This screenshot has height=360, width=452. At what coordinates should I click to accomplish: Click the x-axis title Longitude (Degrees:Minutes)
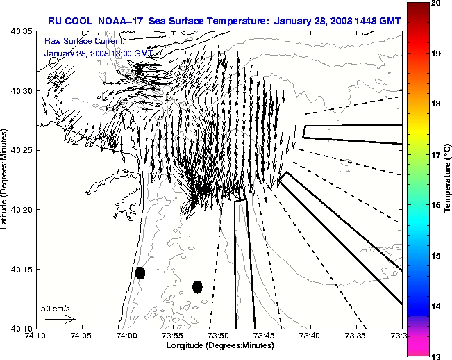click(x=219, y=345)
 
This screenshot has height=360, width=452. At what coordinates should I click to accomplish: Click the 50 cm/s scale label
click(x=55, y=308)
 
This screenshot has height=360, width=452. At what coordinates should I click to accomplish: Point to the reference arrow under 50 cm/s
click(x=60, y=319)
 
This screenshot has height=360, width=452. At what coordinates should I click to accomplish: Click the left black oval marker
click(x=140, y=272)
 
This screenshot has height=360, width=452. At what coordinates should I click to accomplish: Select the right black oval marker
click(x=197, y=286)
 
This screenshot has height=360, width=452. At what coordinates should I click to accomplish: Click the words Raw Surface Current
click(x=74, y=41)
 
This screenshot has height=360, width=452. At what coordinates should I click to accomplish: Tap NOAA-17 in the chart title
click(x=115, y=19)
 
